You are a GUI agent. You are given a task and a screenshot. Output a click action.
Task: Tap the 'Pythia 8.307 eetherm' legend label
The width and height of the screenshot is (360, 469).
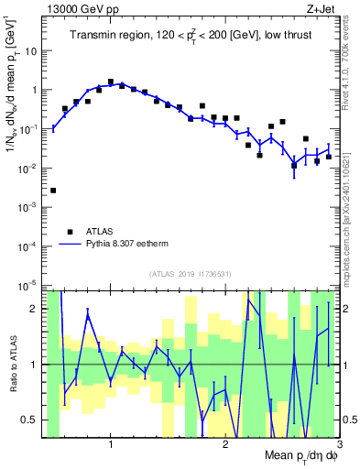128,245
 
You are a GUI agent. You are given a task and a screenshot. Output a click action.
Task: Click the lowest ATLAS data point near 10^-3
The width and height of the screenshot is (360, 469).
53,191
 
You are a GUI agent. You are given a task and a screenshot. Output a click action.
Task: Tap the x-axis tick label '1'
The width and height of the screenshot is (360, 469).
111,444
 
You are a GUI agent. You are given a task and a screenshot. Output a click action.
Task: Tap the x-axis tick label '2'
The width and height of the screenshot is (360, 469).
225,444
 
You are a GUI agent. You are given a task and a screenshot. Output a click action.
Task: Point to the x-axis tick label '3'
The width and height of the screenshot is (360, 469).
339,444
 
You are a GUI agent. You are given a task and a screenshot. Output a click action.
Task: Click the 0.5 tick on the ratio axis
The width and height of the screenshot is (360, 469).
29,420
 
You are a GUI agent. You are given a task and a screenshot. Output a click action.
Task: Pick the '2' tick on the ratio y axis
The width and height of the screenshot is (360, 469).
35,309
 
